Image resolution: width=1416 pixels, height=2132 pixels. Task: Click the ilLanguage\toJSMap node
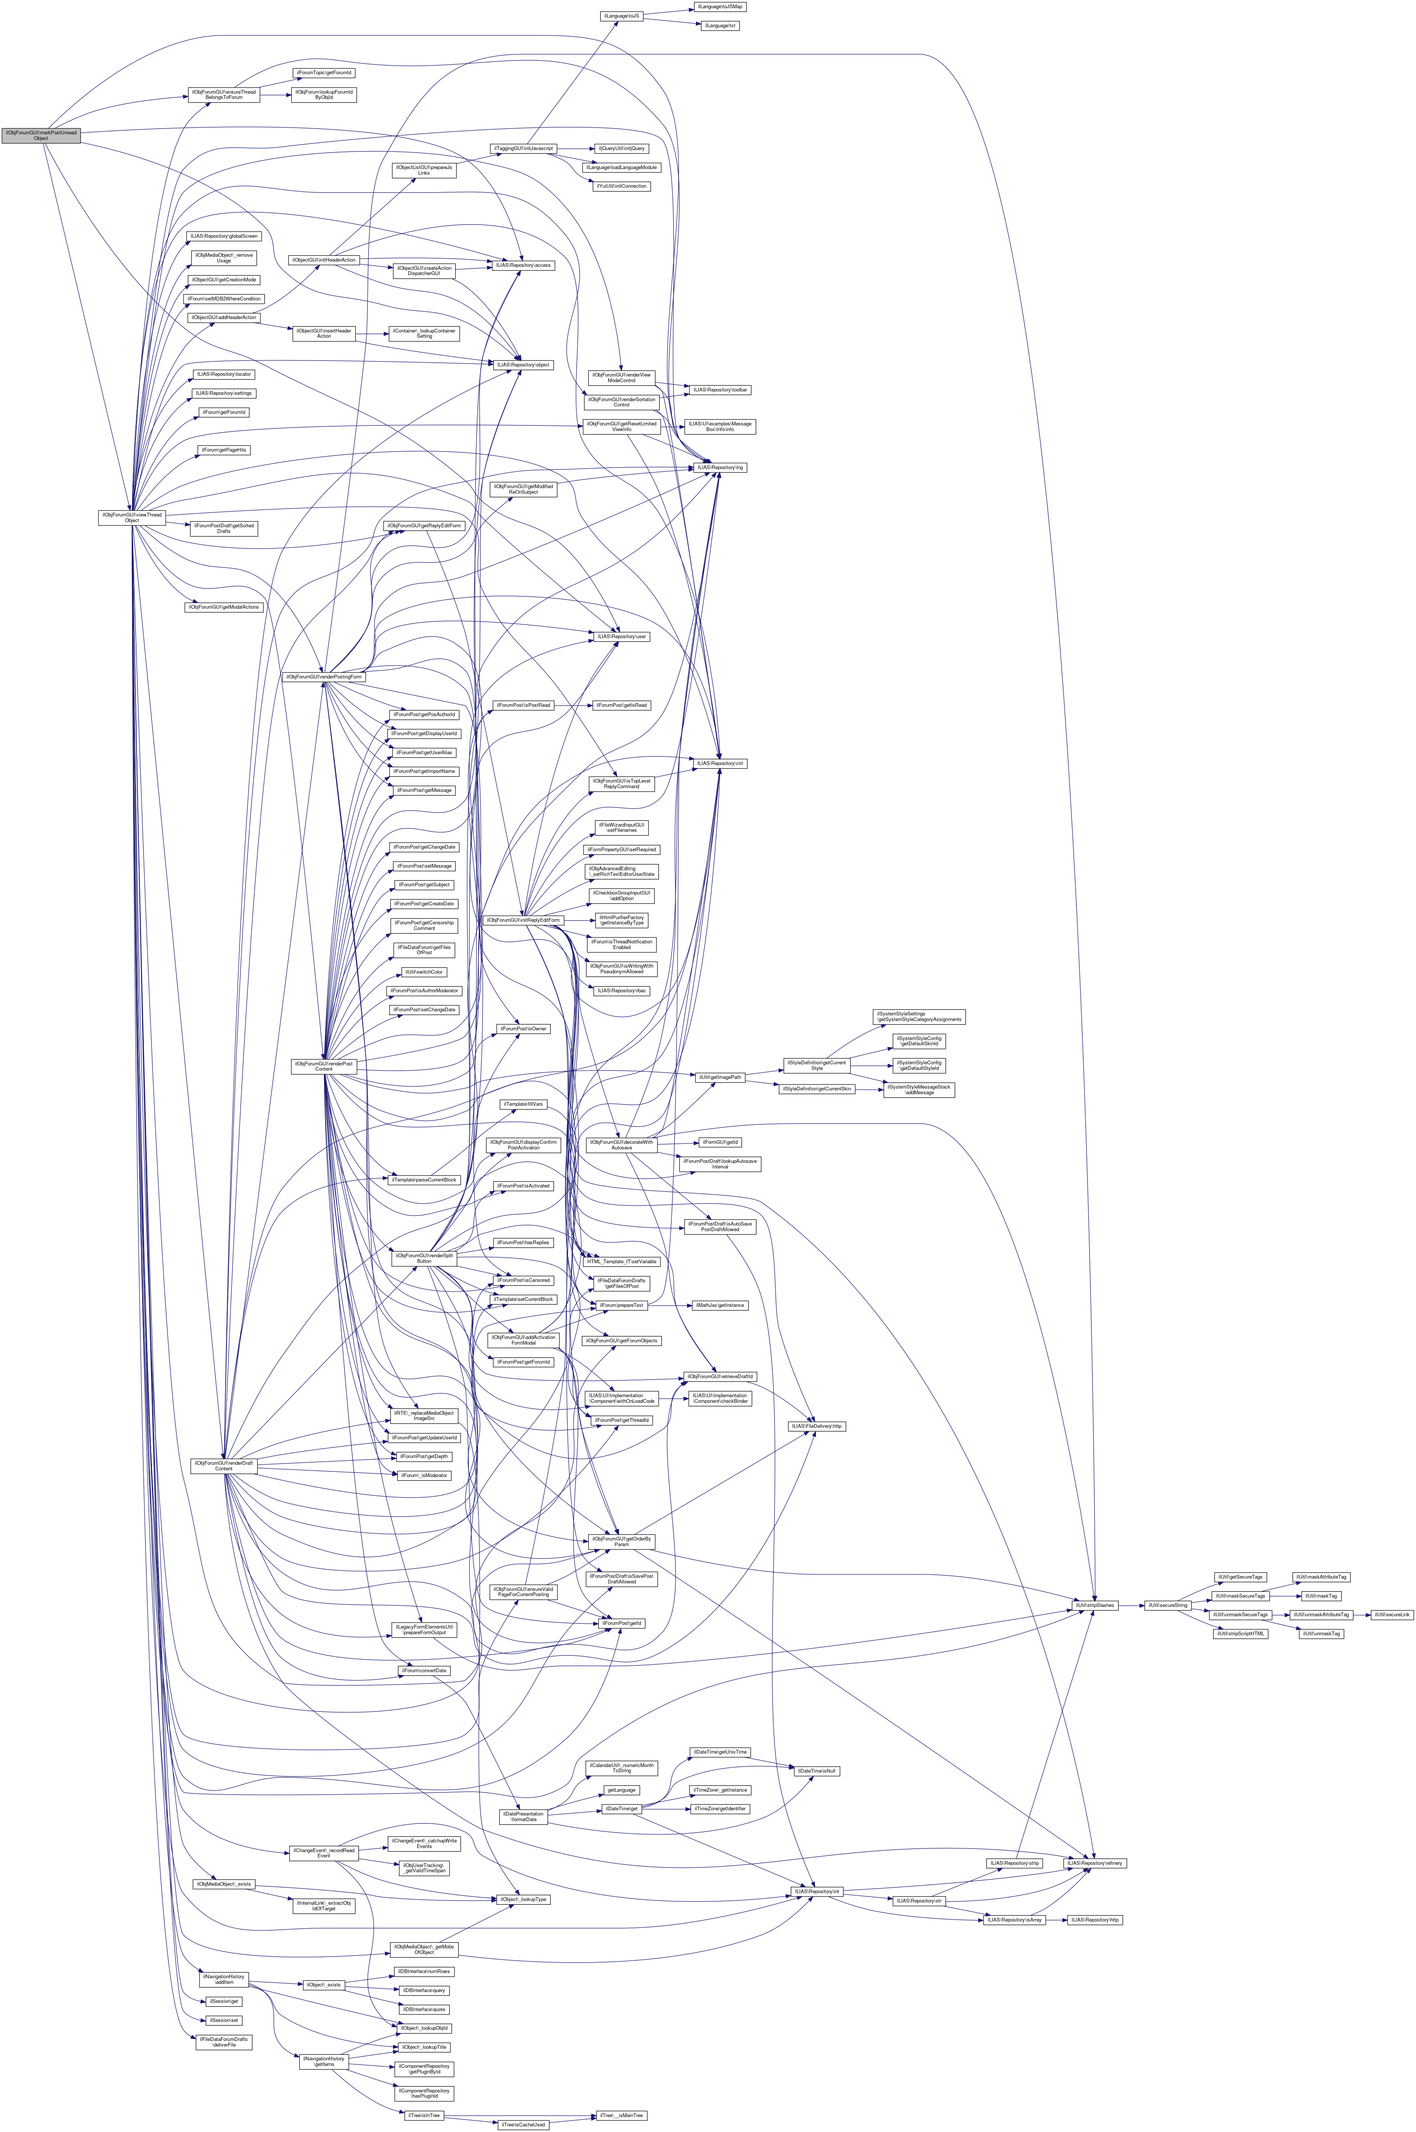[720, 6]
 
